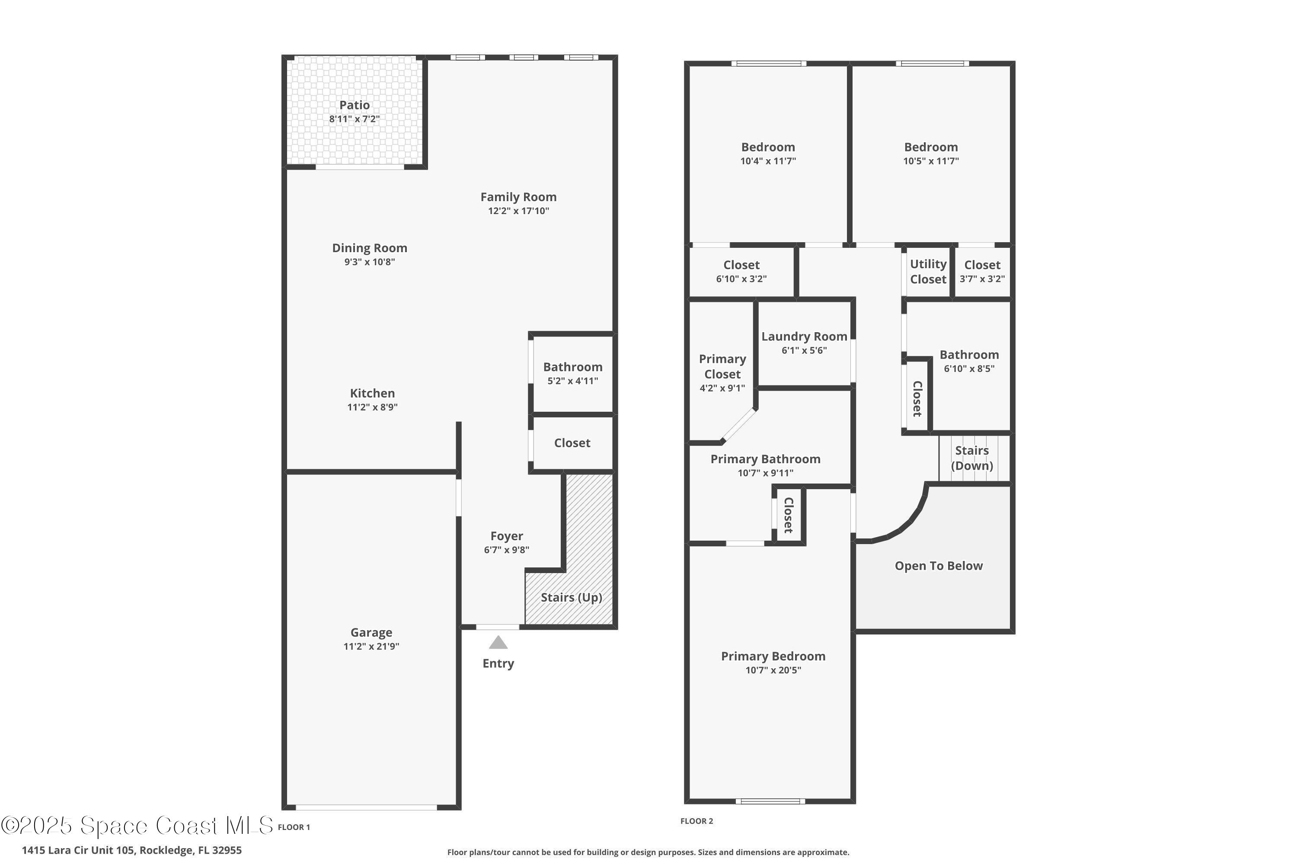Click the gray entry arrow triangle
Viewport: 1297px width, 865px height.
(498, 643)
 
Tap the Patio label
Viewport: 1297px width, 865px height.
(354, 105)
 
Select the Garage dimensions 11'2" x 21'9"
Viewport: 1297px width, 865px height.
(371, 646)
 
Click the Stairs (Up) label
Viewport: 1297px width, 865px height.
(571, 597)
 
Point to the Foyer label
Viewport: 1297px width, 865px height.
(506, 536)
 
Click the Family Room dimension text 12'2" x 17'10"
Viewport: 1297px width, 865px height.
(518, 211)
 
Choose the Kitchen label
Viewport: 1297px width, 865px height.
(372, 393)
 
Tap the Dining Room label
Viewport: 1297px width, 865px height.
(370, 248)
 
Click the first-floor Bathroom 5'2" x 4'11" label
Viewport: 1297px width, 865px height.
(572, 373)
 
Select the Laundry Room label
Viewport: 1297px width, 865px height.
(804, 336)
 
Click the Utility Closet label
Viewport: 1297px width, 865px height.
(928, 272)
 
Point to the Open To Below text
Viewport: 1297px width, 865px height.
(939, 565)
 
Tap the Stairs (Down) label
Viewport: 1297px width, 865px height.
(971, 458)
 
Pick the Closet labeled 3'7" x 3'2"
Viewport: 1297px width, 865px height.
(981, 272)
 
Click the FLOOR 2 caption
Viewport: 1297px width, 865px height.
(696, 821)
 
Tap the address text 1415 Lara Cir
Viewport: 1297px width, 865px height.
(131, 850)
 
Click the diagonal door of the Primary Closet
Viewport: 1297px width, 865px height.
(739, 425)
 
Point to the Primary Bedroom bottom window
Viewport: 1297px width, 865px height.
(770, 801)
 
